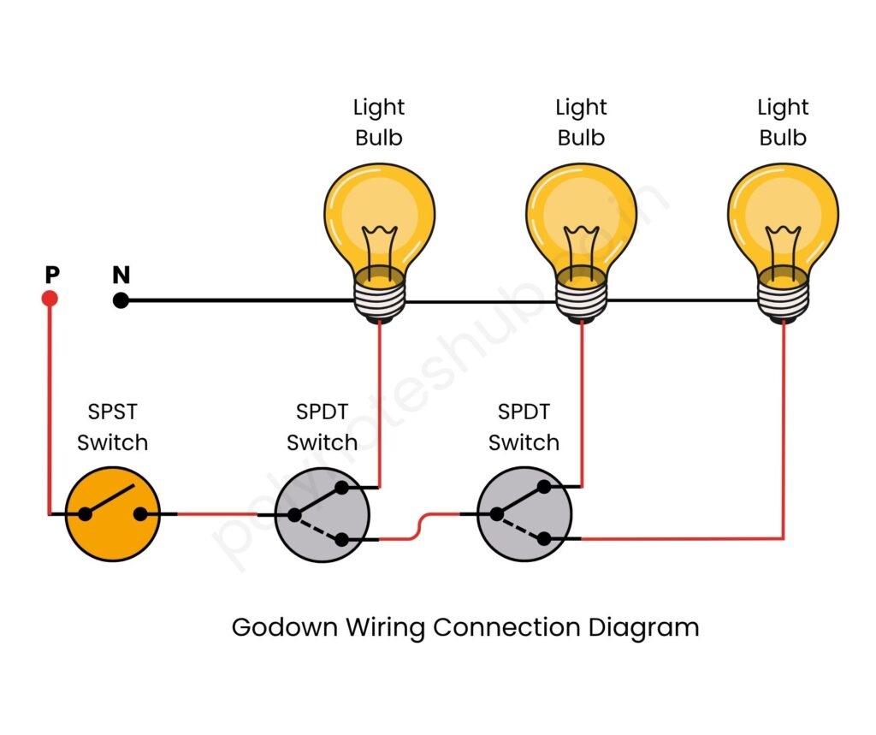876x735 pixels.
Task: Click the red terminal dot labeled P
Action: tap(50, 299)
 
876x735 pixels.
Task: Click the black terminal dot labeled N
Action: tap(121, 300)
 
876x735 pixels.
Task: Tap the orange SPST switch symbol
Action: tap(114, 514)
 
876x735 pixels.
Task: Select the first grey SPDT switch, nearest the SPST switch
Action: tap(322, 515)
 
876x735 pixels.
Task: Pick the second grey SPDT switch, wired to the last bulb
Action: tap(524, 515)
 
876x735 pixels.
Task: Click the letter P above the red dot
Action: tap(52, 275)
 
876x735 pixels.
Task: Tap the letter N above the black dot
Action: tap(121, 275)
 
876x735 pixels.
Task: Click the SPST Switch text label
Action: tap(113, 427)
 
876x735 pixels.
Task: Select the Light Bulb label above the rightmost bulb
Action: tap(783, 122)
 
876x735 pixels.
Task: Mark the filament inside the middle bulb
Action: tap(581, 244)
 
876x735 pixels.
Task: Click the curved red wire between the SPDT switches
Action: tap(419, 526)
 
